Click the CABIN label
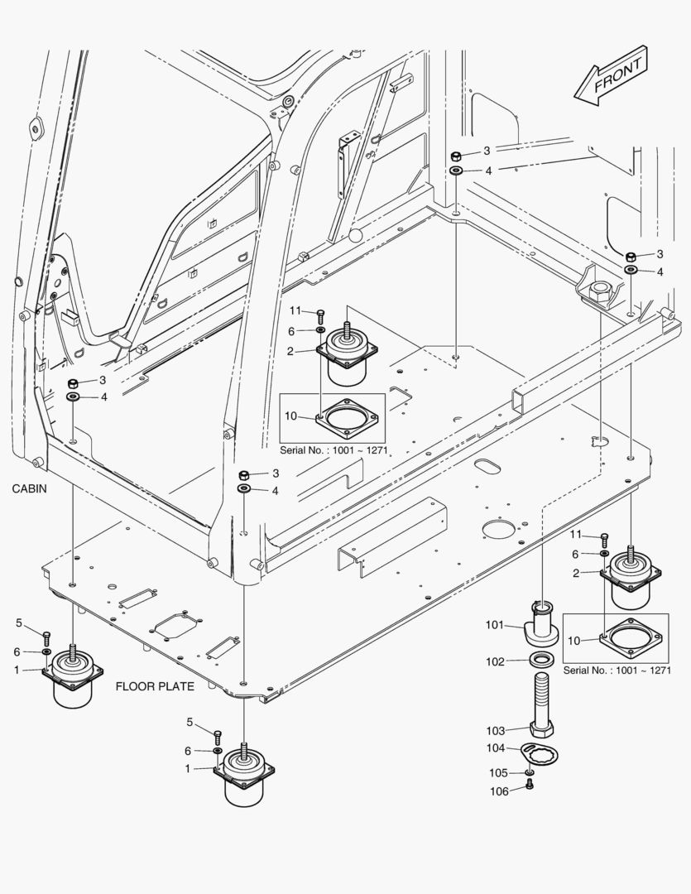(x=29, y=489)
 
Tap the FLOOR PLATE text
(x=155, y=686)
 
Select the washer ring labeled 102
(x=542, y=660)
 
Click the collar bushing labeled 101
(x=542, y=625)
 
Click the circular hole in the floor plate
(x=499, y=530)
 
